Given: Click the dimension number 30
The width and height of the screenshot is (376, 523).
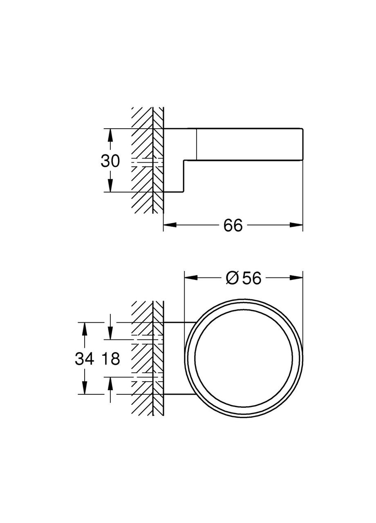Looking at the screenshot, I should point(110,161).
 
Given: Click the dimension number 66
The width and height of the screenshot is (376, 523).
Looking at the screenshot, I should point(233,225).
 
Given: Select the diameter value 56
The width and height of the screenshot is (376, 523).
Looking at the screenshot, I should point(251,278).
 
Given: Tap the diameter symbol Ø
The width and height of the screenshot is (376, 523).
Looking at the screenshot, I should point(232,278).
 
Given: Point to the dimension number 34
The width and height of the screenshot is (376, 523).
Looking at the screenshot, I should point(85,359).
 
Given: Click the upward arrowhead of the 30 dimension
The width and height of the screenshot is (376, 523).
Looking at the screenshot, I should point(110,135).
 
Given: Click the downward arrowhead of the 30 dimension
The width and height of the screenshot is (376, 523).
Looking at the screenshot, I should point(110,186).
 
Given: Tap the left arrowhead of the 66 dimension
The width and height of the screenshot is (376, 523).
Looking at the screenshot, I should point(170,225).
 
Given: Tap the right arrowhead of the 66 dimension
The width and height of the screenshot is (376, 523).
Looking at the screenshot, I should point(297,225).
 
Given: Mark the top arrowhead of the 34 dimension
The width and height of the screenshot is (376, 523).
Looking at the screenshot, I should point(84,328).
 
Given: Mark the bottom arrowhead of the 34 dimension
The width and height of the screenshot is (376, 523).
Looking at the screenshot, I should point(84,388).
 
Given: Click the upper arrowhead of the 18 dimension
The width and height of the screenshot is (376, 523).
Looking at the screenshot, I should point(110,333).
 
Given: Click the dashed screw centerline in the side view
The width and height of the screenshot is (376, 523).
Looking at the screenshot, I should point(147,162).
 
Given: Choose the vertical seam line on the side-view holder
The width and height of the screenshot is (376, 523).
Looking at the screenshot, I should point(197,145).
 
